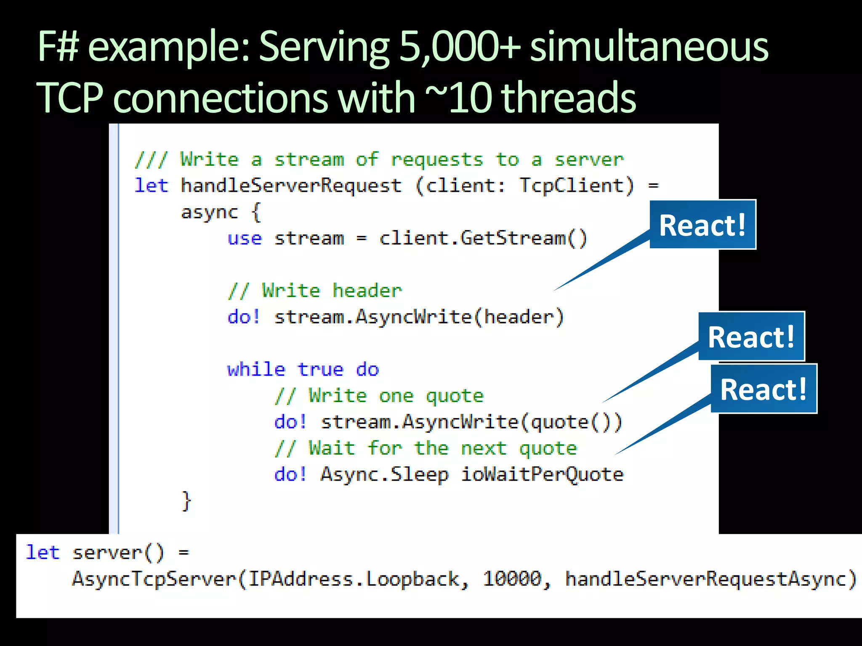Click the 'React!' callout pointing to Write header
[x=702, y=225]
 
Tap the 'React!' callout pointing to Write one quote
[x=751, y=336]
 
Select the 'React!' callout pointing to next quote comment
[x=764, y=389]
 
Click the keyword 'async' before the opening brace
[x=209, y=212]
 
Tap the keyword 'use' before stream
[x=245, y=238]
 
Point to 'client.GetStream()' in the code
[x=483, y=238]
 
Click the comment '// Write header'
[x=315, y=291]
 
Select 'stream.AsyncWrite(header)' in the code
[x=419, y=317]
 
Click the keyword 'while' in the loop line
[x=256, y=370]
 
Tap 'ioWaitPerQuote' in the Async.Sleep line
[x=542, y=474]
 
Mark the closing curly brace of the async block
[x=186, y=501]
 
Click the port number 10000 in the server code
[x=512, y=579]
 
